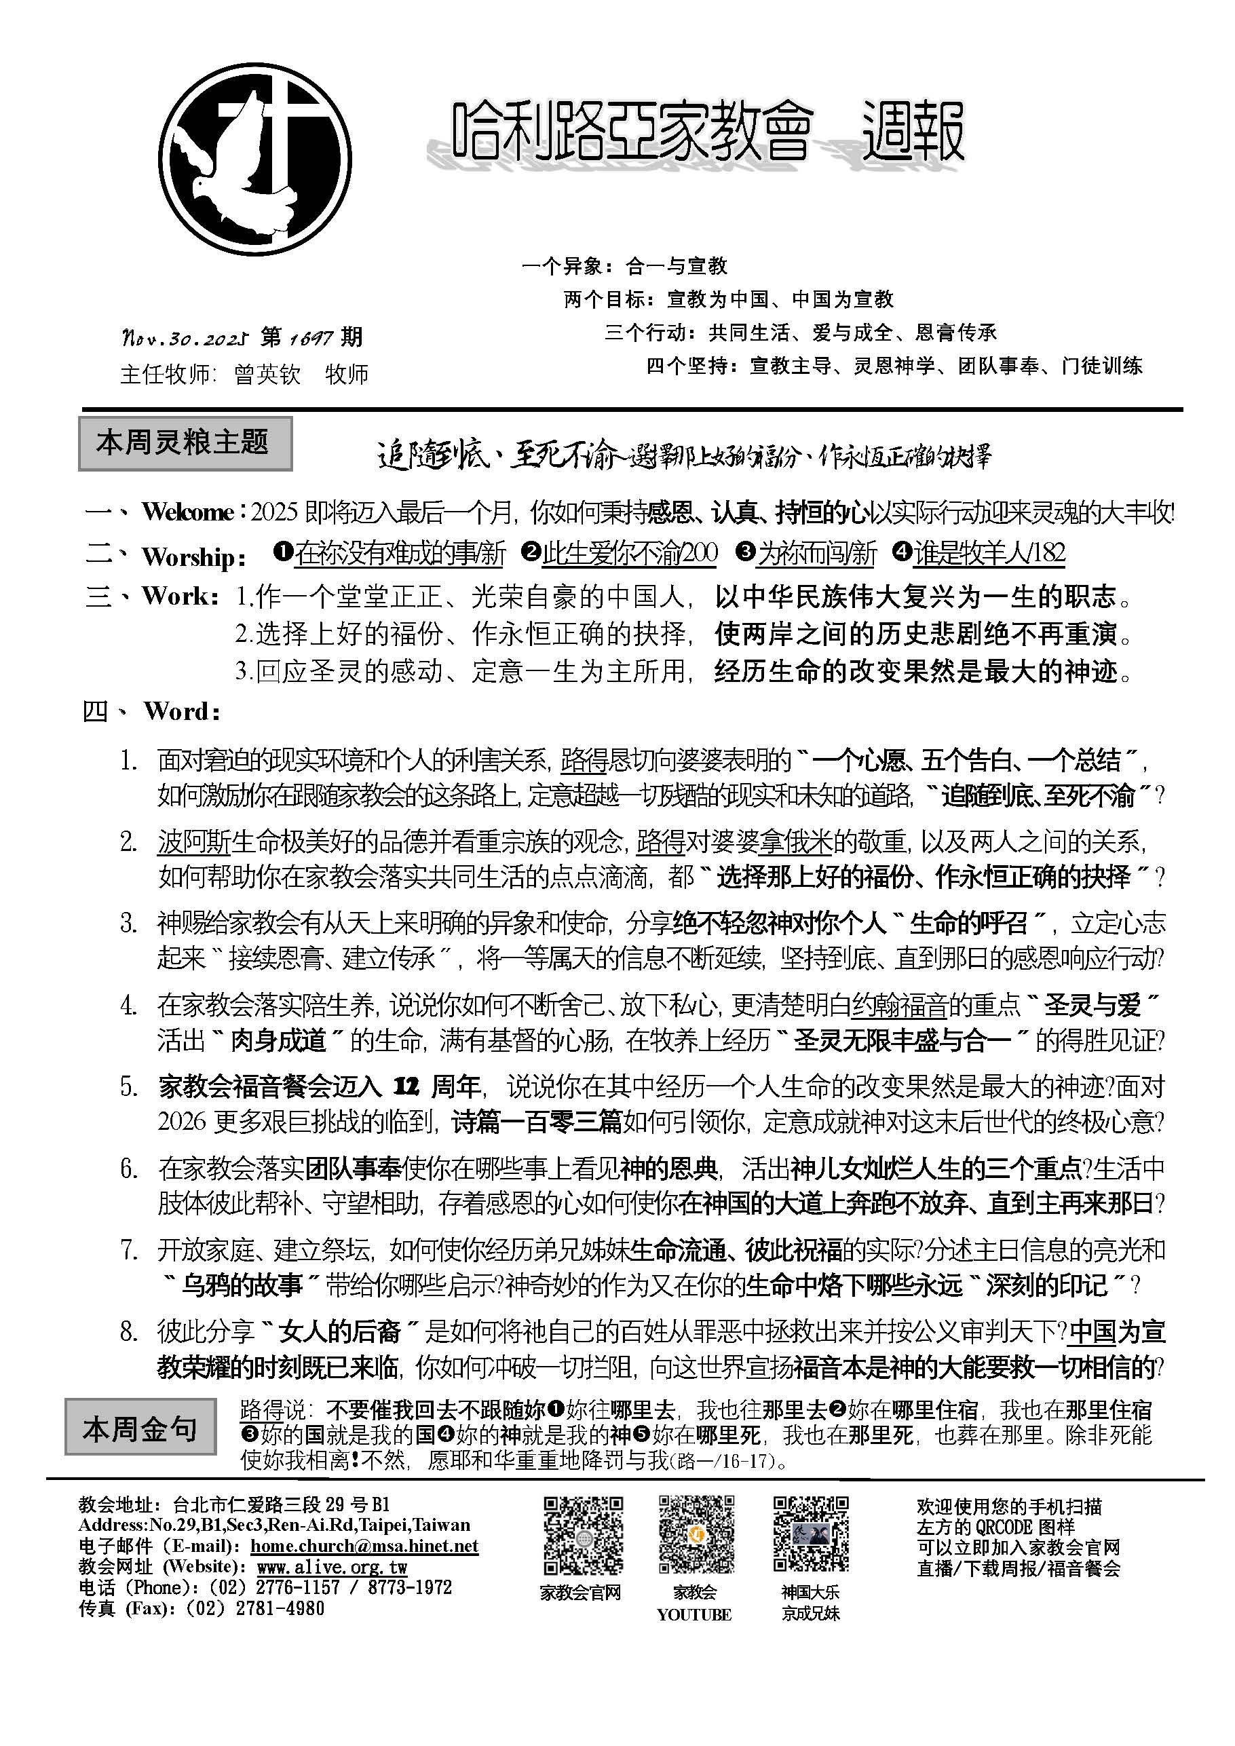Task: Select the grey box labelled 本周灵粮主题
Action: coord(185,442)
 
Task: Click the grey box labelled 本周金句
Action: coord(140,1429)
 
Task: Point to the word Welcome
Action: coord(187,512)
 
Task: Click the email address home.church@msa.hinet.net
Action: coord(364,1546)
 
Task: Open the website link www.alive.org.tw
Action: coord(332,1567)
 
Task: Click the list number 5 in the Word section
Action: coord(128,1086)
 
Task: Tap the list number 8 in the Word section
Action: coord(128,1331)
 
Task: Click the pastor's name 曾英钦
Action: coord(267,374)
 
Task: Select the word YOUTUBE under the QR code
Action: coord(693,1614)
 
